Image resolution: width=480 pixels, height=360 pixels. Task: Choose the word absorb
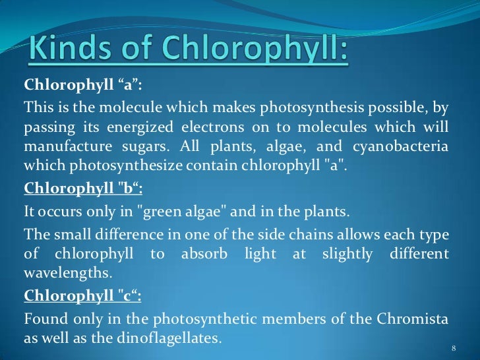pos(200,254)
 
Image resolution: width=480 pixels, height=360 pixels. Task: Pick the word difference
pos(135,234)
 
